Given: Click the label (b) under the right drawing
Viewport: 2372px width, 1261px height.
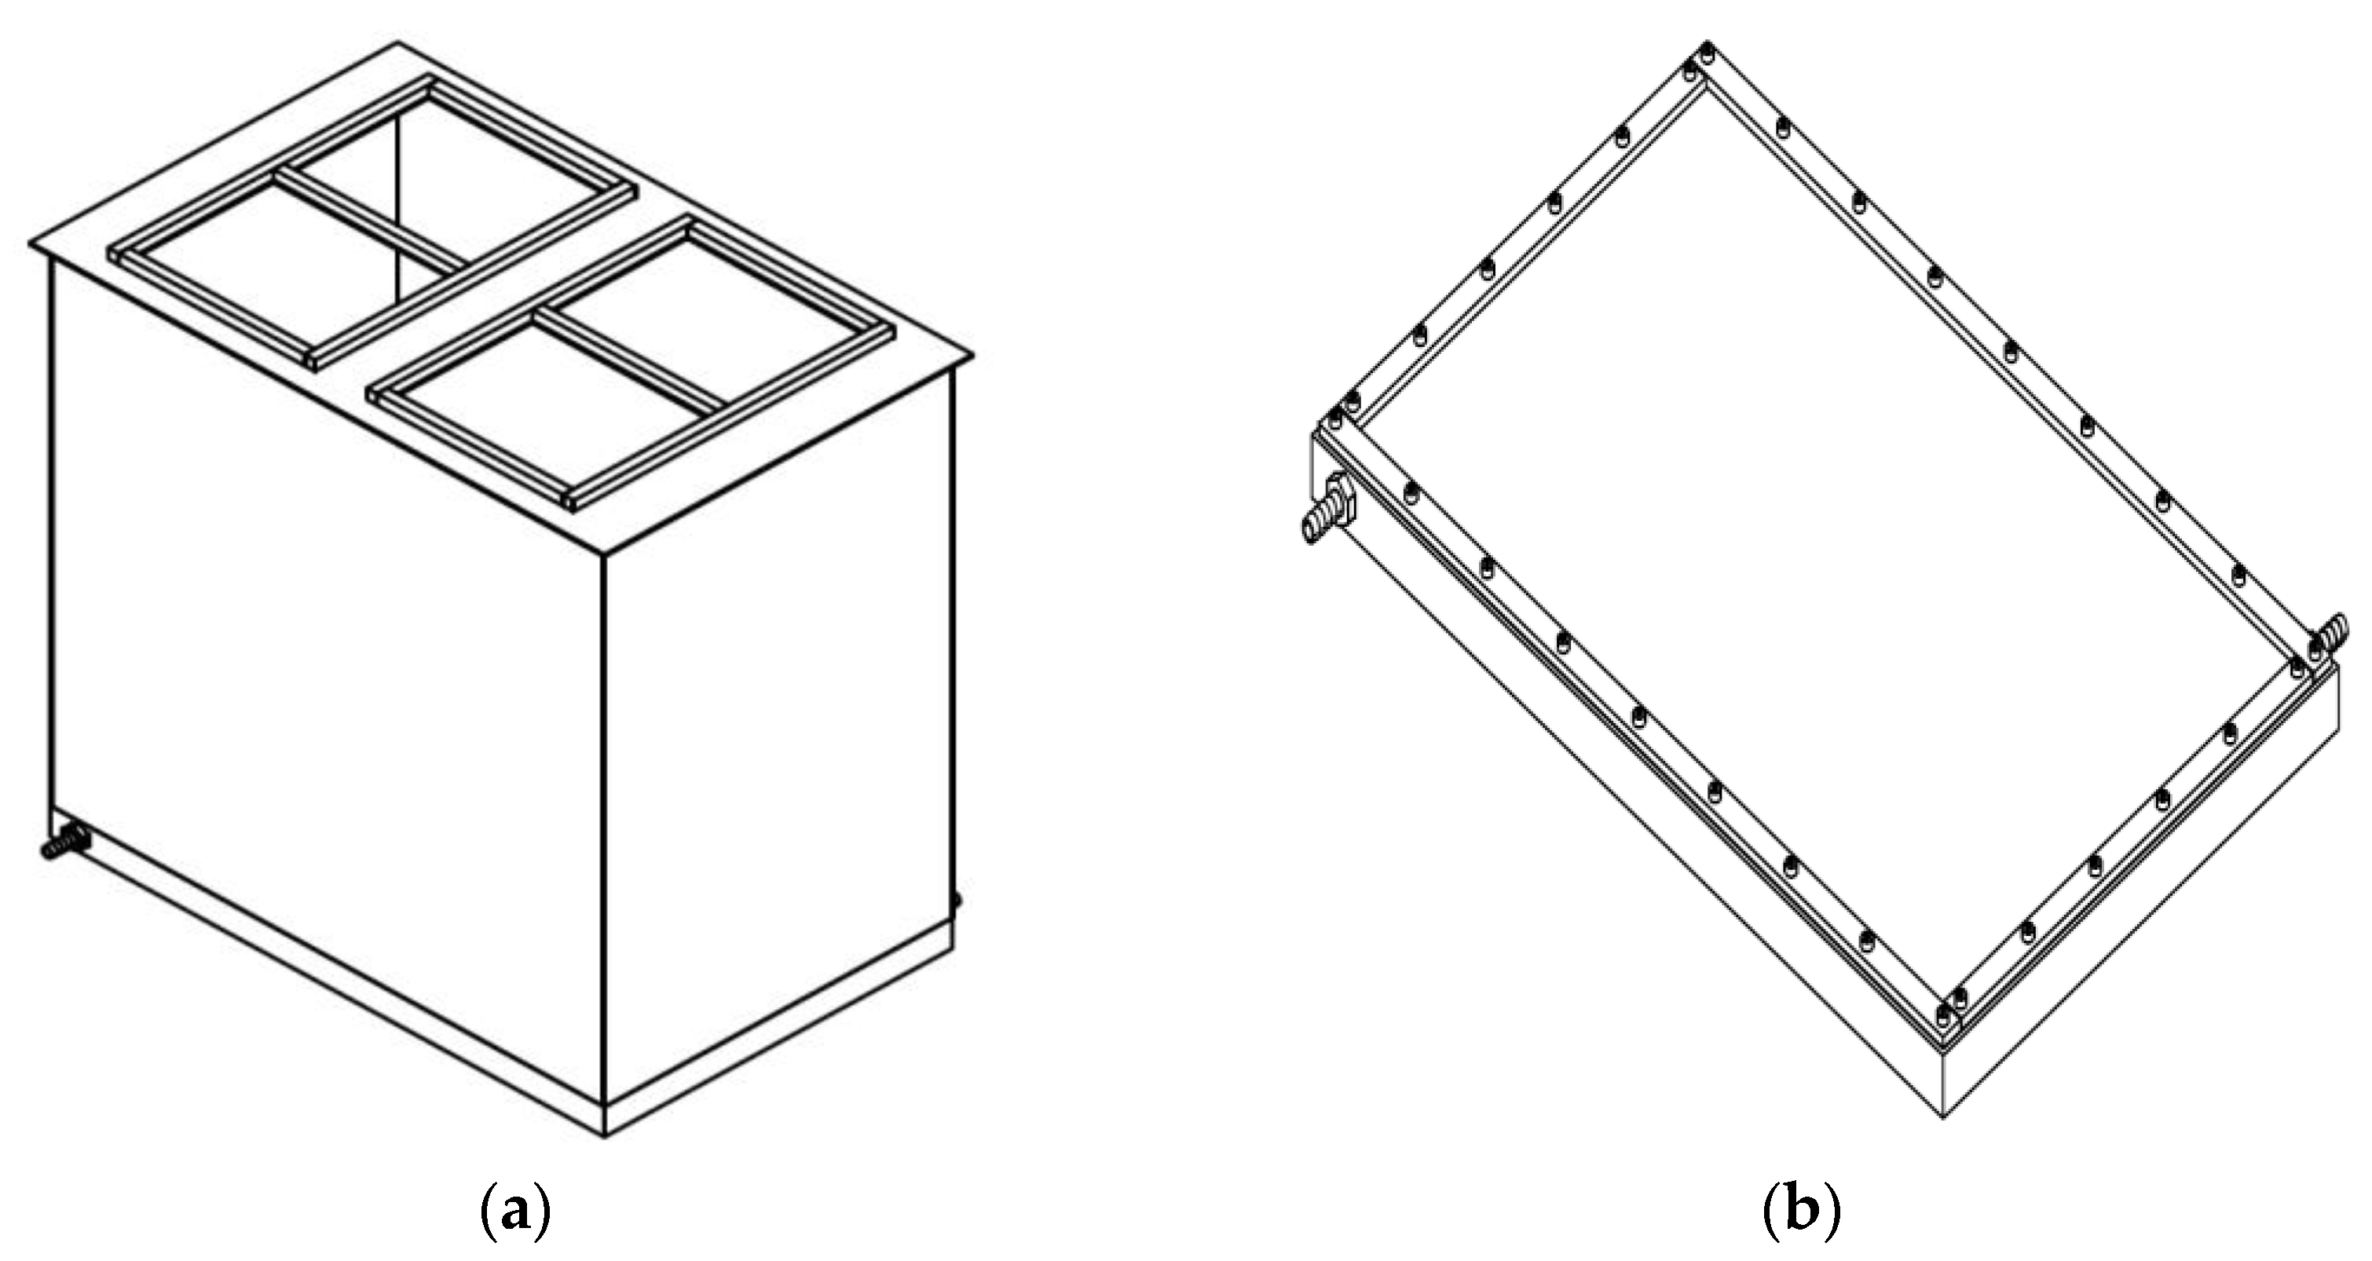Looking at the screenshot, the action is (x=1800, y=1214).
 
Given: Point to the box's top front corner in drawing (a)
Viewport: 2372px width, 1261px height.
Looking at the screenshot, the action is (x=603, y=555).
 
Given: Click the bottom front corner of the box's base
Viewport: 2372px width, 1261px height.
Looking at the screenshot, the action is (x=604, y=1138).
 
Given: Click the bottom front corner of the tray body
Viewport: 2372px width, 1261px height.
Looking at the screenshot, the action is (x=1943, y=1118).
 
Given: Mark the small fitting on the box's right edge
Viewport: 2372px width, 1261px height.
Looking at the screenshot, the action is (x=957, y=900).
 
